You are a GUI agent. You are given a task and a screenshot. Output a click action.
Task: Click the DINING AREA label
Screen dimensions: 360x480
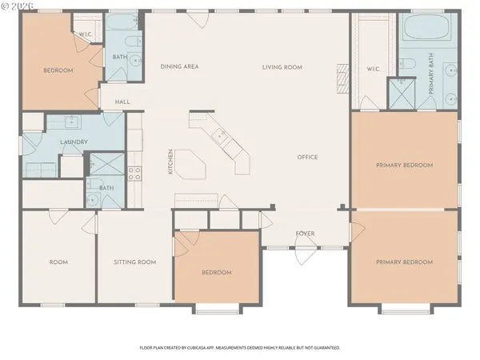click(x=179, y=67)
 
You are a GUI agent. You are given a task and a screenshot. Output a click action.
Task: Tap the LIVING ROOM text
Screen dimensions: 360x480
click(x=282, y=67)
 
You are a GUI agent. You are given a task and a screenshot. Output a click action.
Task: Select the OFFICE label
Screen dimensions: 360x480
click(x=307, y=157)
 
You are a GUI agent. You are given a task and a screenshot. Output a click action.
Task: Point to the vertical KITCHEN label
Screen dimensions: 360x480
click(x=170, y=162)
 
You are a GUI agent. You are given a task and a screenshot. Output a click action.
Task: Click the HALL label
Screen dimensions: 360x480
click(x=122, y=102)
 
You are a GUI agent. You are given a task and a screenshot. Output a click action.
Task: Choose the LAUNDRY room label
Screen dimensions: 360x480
click(x=73, y=142)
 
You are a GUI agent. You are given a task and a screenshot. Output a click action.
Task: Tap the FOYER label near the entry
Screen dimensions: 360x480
click(x=305, y=234)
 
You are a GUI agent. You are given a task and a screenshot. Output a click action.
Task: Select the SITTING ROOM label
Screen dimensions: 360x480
click(x=134, y=262)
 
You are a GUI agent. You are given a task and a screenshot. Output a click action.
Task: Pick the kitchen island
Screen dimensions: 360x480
click(x=190, y=165)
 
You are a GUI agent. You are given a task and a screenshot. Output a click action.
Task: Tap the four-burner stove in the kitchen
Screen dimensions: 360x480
click(x=135, y=170)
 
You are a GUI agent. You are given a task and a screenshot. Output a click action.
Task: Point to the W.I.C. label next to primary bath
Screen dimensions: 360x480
click(x=373, y=68)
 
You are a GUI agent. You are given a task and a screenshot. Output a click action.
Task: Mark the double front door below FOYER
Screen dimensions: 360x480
click(x=305, y=255)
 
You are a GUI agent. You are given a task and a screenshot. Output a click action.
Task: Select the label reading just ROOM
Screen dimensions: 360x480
click(x=58, y=262)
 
